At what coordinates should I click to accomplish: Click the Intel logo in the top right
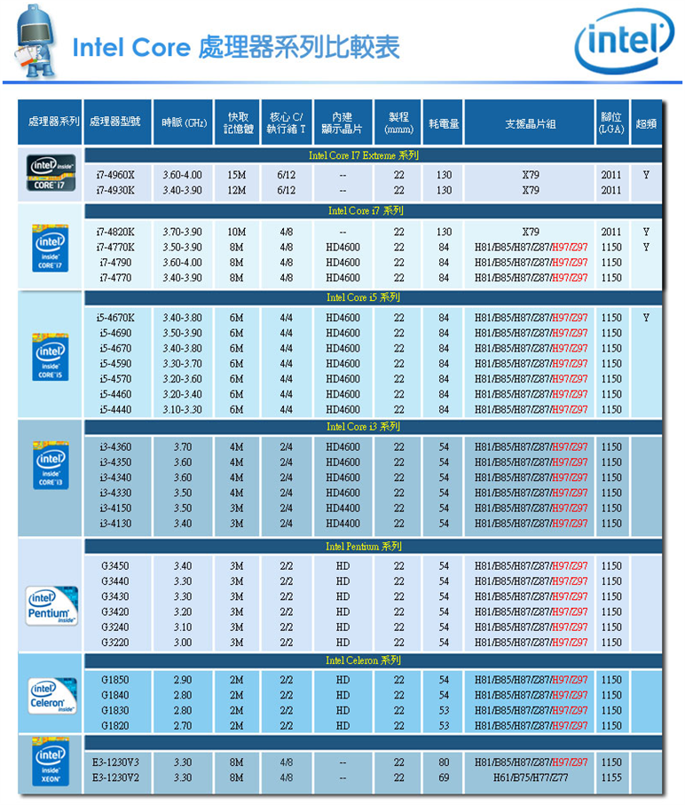(x=625, y=41)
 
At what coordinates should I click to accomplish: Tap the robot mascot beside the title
(x=35, y=41)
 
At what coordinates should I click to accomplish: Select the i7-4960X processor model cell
(x=115, y=175)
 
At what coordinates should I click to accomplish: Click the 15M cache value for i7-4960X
(x=237, y=175)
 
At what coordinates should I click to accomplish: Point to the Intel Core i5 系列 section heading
(x=363, y=297)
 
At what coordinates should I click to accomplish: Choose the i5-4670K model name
(x=115, y=318)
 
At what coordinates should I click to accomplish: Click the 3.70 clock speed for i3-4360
(x=183, y=447)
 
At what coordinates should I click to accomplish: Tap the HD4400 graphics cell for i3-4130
(x=342, y=524)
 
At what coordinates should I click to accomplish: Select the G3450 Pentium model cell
(x=115, y=566)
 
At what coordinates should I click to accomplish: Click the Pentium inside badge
(x=51, y=606)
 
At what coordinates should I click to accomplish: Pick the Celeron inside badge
(x=51, y=696)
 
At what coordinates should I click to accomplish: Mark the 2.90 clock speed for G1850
(x=183, y=680)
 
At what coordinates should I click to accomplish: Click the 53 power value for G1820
(x=444, y=726)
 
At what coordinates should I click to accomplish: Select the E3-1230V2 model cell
(x=115, y=777)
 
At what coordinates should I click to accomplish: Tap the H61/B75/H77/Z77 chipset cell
(x=531, y=777)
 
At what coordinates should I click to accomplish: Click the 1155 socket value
(x=611, y=777)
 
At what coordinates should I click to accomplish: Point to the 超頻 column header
(x=646, y=123)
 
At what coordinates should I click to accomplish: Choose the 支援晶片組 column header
(x=531, y=123)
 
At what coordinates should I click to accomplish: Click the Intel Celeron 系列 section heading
(x=363, y=660)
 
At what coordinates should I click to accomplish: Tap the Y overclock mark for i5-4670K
(x=646, y=318)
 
